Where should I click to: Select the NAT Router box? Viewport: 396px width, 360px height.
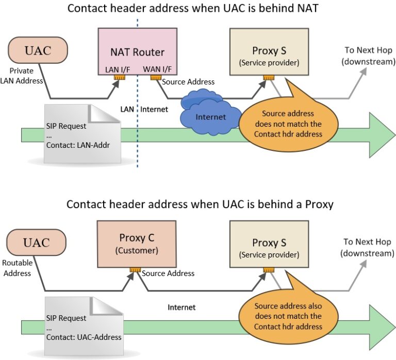coord(137,52)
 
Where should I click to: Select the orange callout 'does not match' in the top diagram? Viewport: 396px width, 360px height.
coord(287,124)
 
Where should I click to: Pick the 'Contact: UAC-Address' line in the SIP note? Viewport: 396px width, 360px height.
coord(84,337)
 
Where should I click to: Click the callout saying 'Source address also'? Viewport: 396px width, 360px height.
coord(288,316)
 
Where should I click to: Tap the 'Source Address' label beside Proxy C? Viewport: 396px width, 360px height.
coord(168,273)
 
